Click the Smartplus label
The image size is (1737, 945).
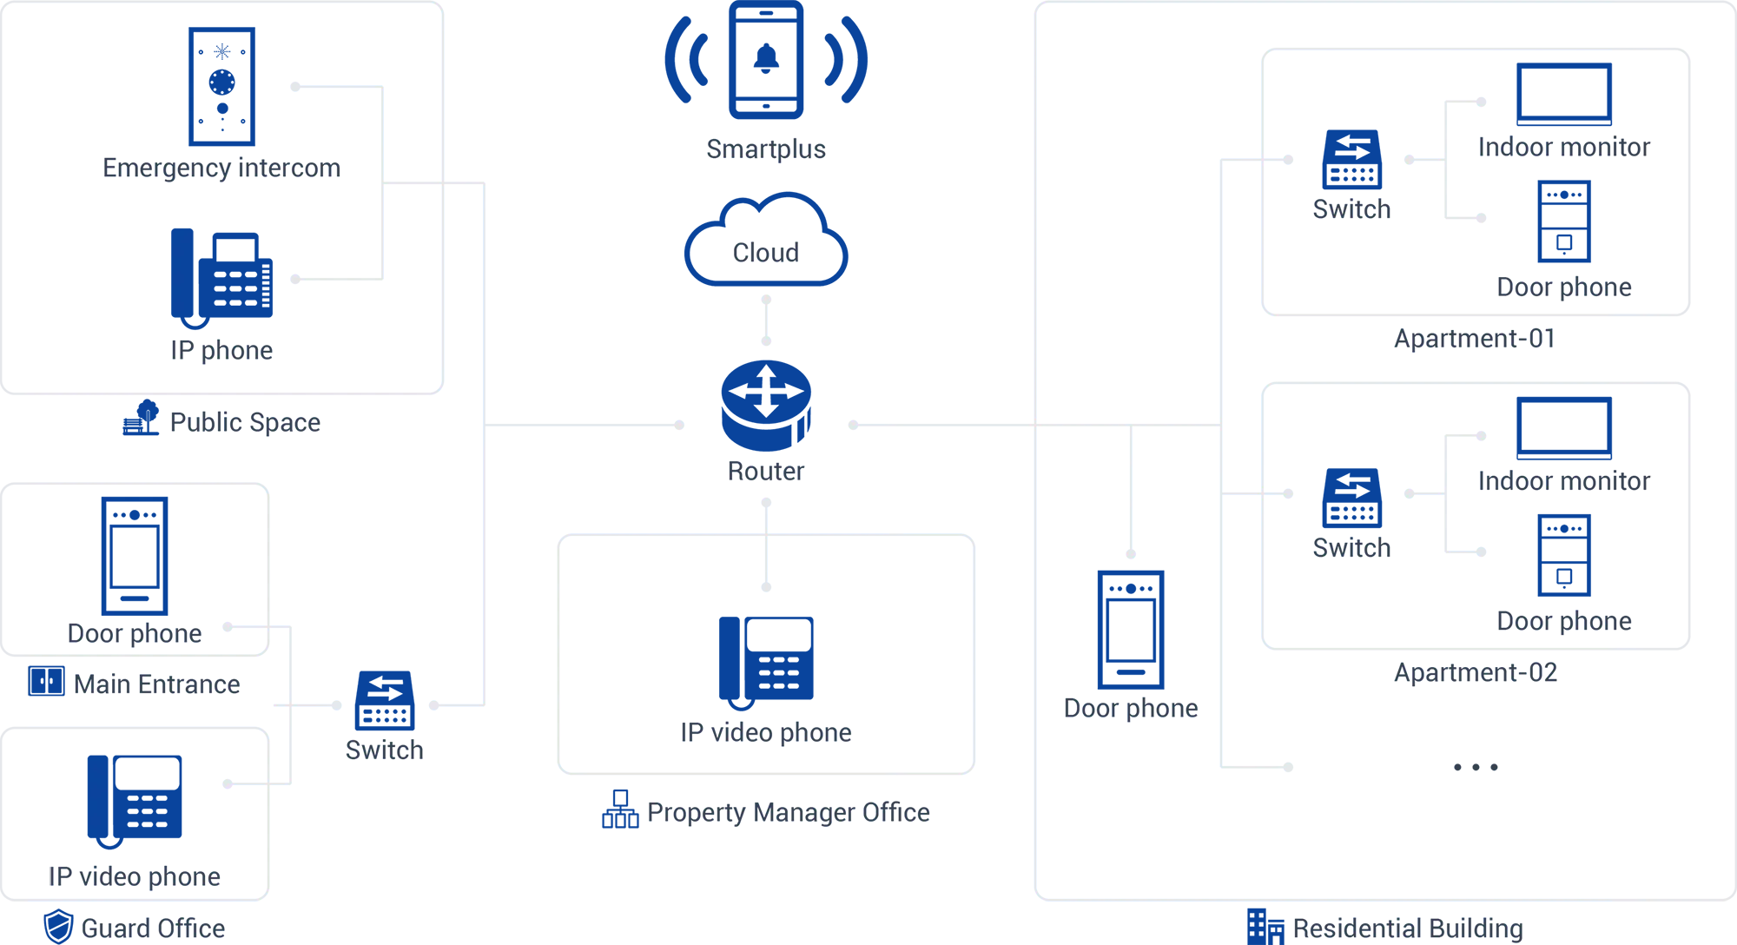point(766,149)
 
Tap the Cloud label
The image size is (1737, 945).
point(766,253)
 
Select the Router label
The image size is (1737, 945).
point(766,472)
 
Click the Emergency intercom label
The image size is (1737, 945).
point(222,168)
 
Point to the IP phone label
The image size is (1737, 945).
point(221,350)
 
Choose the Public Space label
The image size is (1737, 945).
point(245,423)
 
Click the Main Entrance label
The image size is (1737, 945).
point(157,684)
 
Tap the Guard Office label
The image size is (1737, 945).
point(154,928)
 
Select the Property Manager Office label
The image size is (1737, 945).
point(789,813)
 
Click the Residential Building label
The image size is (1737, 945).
point(1408,928)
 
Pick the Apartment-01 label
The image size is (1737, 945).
point(1474,339)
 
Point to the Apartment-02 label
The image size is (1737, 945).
point(1476,672)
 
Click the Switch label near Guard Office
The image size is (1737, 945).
point(385,750)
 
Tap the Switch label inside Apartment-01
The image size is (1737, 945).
point(1351,209)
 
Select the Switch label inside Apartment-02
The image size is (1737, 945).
point(1351,548)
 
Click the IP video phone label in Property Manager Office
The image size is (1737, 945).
point(766,732)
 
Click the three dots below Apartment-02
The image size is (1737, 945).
point(1476,767)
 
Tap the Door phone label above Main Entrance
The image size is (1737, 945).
point(135,633)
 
